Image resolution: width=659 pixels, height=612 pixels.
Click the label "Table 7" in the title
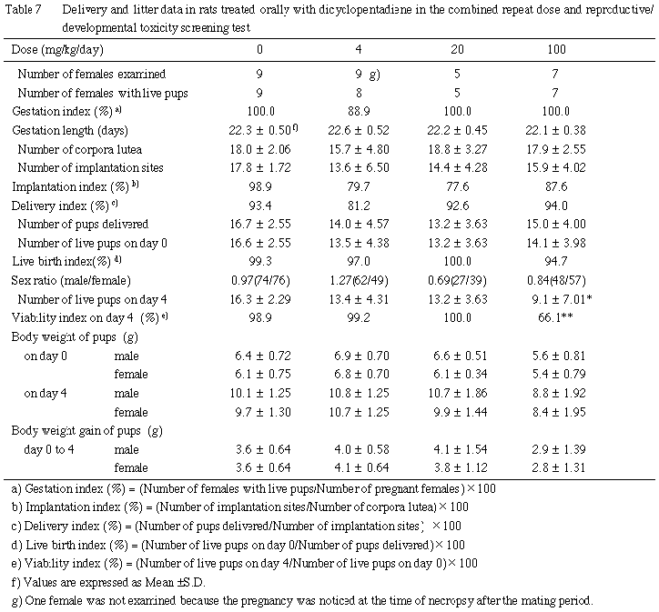coord(24,8)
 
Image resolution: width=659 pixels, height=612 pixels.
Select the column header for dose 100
coord(557,48)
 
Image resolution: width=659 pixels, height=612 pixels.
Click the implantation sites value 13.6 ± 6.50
coord(360,167)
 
